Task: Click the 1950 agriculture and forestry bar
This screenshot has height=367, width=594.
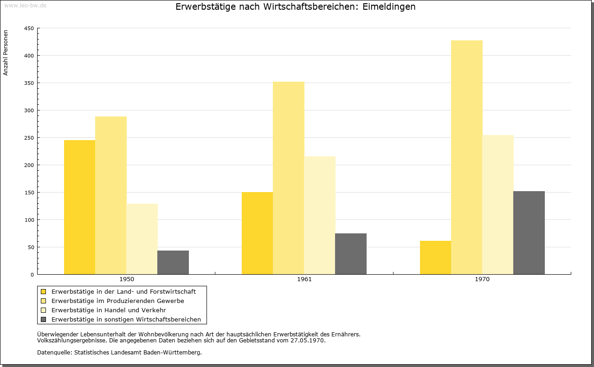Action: [x=79, y=207]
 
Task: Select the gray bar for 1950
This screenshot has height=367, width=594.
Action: [x=173, y=262]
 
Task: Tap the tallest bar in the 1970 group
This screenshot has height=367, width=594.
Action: [x=467, y=157]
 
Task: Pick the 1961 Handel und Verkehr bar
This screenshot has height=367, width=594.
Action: [x=320, y=215]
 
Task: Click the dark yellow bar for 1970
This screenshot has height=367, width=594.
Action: [x=435, y=258]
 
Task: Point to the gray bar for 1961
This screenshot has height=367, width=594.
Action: [x=351, y=254]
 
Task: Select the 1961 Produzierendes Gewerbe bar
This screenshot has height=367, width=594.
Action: [x=289, y=178]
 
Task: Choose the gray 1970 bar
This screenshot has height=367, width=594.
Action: [x=529, y=232]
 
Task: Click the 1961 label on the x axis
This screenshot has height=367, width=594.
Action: [x=304, y=279]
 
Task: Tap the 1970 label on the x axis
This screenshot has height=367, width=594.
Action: [x=482, y=279]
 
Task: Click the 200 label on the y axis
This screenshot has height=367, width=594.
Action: [x=29, y=165]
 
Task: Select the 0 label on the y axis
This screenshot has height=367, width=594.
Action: [x=32, y=275]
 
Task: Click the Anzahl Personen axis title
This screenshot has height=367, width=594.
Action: [x=6, y=53]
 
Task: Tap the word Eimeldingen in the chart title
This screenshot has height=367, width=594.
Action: [x=389, y=7]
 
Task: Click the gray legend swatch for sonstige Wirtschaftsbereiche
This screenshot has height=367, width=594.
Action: [x=44, y=319]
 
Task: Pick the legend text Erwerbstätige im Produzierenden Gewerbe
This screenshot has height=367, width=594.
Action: [x=118, y=301]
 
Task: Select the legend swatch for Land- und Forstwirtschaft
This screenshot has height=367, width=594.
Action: [x=44, y=292]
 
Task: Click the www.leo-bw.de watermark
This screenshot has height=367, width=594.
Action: [x=25, y=6]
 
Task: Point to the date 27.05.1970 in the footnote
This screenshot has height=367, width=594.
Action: [x=307, y=341]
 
